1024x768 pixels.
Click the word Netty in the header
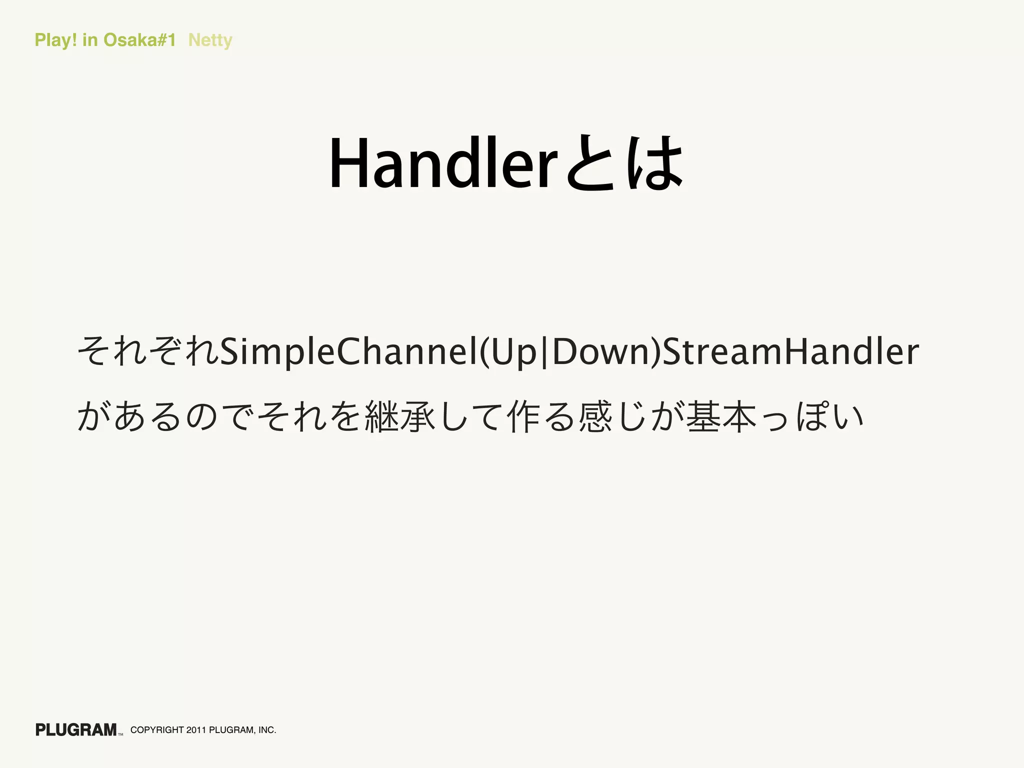pos(210,40)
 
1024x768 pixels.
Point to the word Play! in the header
pos(55,40)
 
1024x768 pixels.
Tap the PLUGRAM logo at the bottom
pos(76,729)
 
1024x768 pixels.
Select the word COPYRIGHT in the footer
pos(157,730)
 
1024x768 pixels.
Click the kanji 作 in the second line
pos(524,416)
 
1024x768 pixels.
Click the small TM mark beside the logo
pos(120,734)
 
